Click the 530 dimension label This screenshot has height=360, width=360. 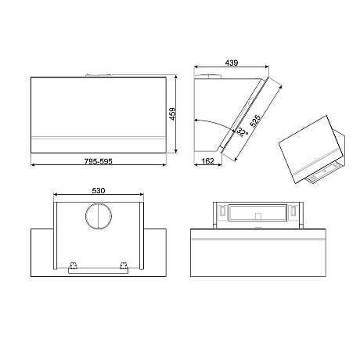coord(99,189)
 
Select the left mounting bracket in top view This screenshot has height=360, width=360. coord(74,268)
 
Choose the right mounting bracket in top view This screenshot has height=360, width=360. coord(124,268)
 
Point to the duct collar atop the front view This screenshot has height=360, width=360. coord(99,75)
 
